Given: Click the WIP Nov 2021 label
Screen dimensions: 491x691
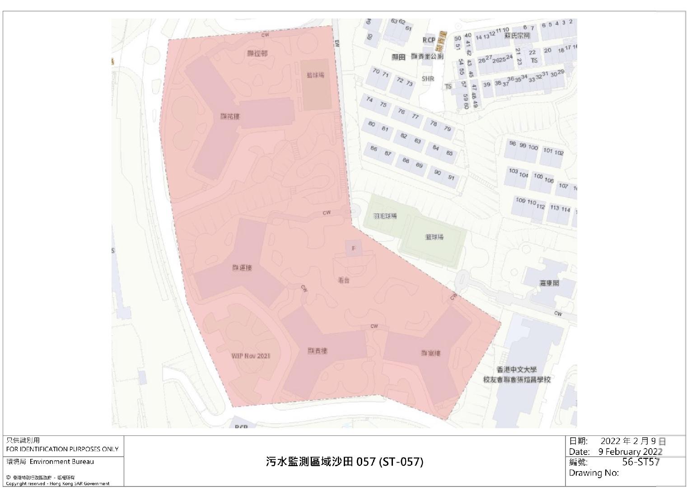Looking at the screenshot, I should click(x=251, y=356).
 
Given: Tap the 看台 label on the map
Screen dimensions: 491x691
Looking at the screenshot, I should click(x=344, y=281).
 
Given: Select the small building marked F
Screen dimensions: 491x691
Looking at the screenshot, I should click(x=354, y=248).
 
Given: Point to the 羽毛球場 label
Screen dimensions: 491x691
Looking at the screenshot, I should click(x=385, y=216).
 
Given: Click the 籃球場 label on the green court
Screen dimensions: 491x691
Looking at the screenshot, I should click(x=434, y=237).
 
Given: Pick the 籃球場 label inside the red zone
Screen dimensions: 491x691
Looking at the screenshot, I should click(x=315, y=75).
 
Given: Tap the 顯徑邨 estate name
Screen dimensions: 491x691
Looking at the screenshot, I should click(x=257, y=53).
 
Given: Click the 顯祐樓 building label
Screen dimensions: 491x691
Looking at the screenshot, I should click(x=230, y=117).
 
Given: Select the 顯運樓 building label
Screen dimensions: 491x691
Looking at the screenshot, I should click(x=242, y=268).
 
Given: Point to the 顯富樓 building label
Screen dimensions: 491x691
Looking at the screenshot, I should click(x=430, y=353).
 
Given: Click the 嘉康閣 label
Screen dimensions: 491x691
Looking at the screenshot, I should click(x=549, y=283).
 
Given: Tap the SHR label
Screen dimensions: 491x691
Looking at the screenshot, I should click(x=428, y=79).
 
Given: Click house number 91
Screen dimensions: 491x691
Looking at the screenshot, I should click(x=451, y=178).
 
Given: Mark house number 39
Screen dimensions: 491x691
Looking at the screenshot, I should click(x=486, y=84).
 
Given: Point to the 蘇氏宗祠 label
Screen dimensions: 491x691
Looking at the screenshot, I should click(x=517, y=36).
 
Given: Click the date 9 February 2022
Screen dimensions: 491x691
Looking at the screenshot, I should click(x=630, y=452).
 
